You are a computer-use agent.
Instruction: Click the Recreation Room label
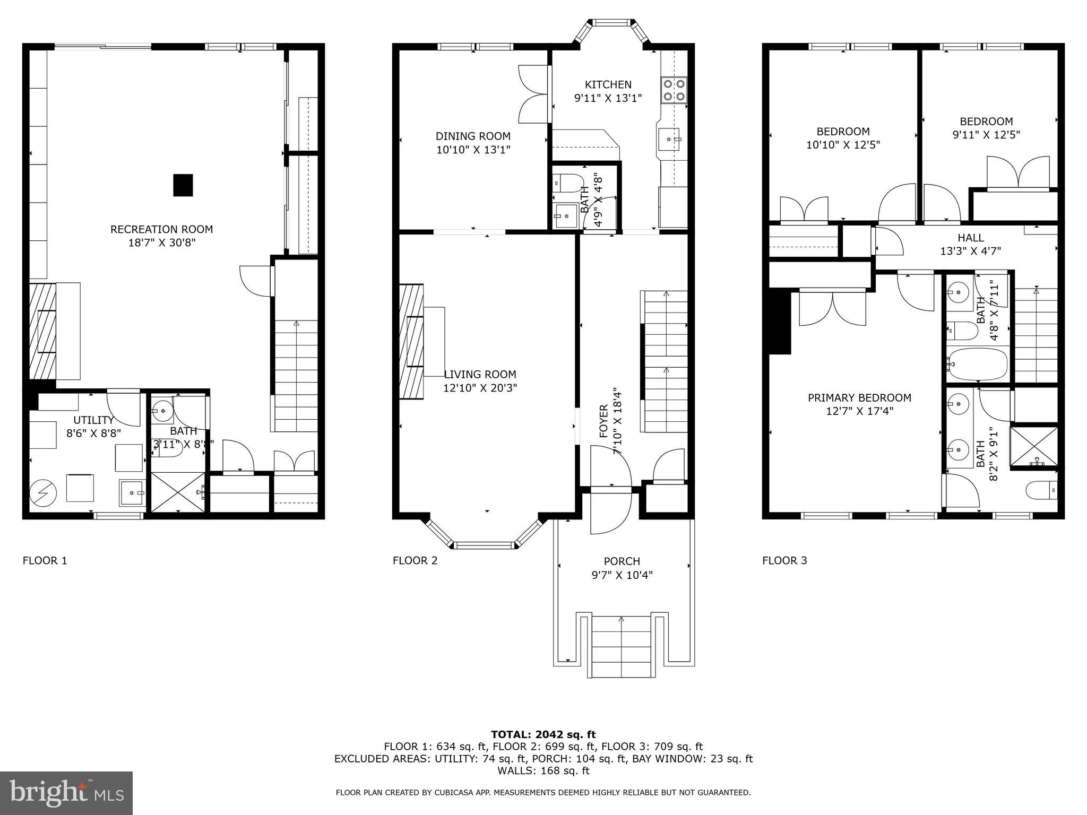click(161, 229)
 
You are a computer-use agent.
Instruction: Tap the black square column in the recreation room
click(183, 185)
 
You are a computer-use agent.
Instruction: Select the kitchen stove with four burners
click(674, 90)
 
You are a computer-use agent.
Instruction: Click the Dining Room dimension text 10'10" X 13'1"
click(473, 150)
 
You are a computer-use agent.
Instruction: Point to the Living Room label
click(480, 374)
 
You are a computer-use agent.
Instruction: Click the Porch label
click(622, 561)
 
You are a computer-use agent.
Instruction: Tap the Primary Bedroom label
click(859, 397)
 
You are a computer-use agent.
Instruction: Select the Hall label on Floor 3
click(971, 238)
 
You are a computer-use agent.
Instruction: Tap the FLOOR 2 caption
click(415, 560)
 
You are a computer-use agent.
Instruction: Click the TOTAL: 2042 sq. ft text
click(543, 734)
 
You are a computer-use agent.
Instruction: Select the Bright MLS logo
click(66, 793)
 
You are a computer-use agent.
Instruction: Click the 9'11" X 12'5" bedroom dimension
click(986, 135)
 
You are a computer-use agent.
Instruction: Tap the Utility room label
click(94, 420)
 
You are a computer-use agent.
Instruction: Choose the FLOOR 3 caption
click(784, 560)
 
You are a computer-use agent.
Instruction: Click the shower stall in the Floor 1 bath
click(178, 492)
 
